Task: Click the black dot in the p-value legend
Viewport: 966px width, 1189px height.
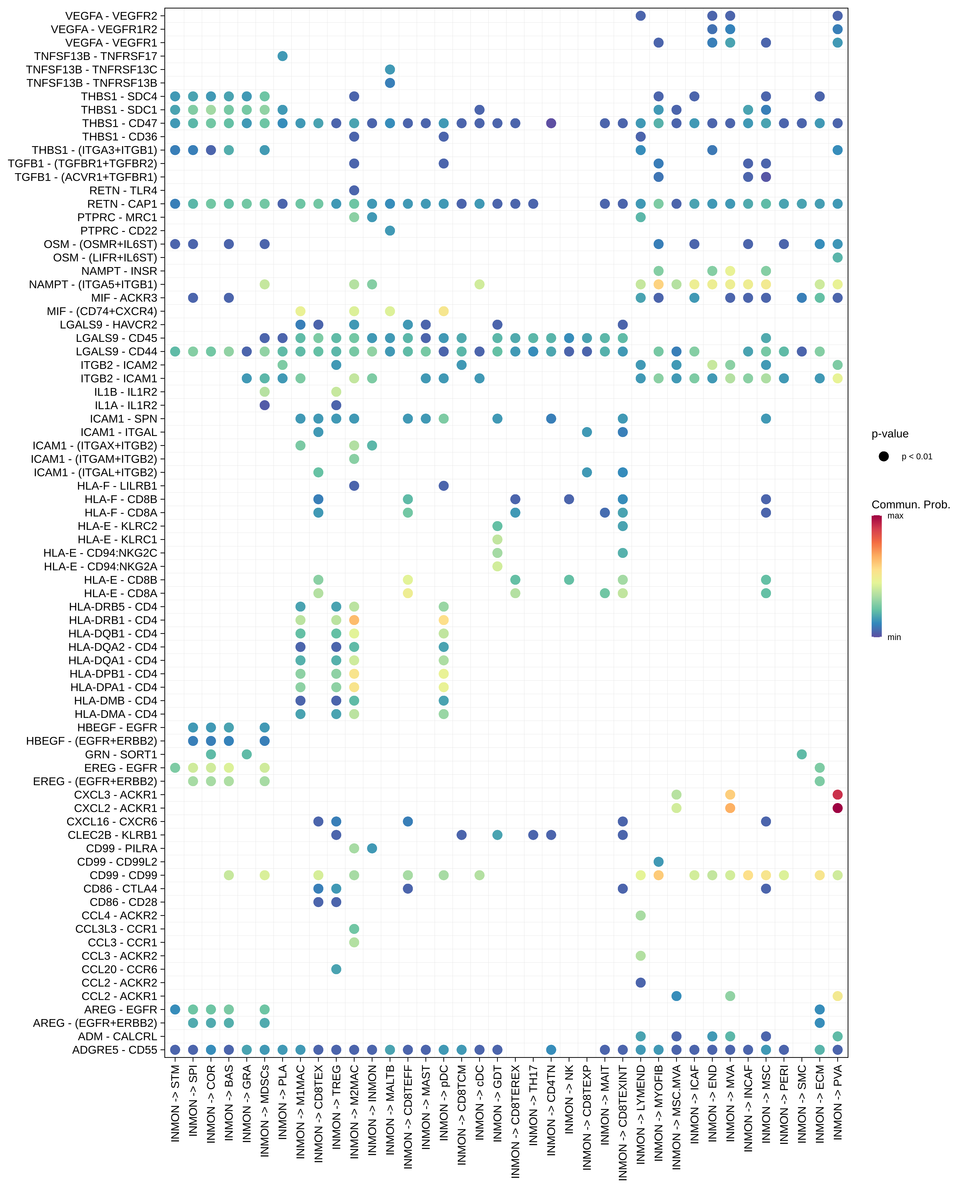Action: [884, 456]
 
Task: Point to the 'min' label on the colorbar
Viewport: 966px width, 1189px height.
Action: [894, 637]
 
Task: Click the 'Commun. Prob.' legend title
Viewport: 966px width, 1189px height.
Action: [910, 504]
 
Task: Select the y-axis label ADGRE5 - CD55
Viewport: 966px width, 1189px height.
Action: [115, 1050]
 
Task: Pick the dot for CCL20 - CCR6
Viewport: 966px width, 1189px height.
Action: [336, 969]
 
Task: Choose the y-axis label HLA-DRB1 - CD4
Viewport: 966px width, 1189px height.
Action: [113, 620]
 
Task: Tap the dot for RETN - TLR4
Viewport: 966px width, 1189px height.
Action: [354, 190]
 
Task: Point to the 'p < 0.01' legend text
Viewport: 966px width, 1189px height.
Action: [916, 456]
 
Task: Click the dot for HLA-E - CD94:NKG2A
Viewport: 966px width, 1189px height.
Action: [497, 566]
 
